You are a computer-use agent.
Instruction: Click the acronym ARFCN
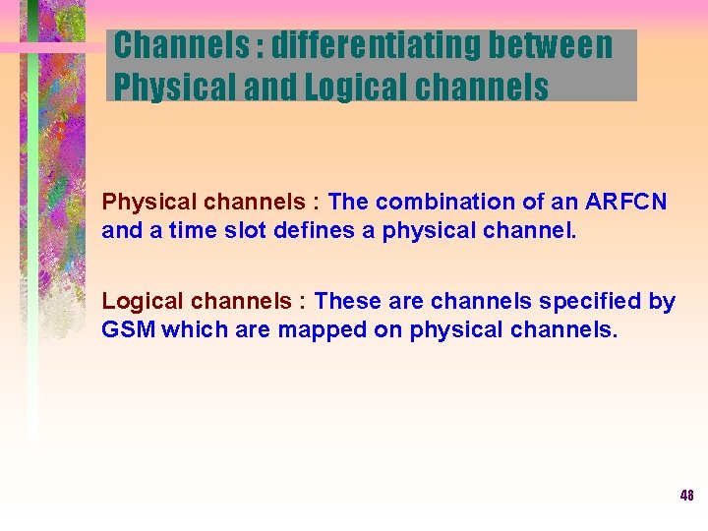625,203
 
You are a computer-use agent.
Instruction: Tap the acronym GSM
128,329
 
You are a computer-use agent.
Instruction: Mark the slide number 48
686,496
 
